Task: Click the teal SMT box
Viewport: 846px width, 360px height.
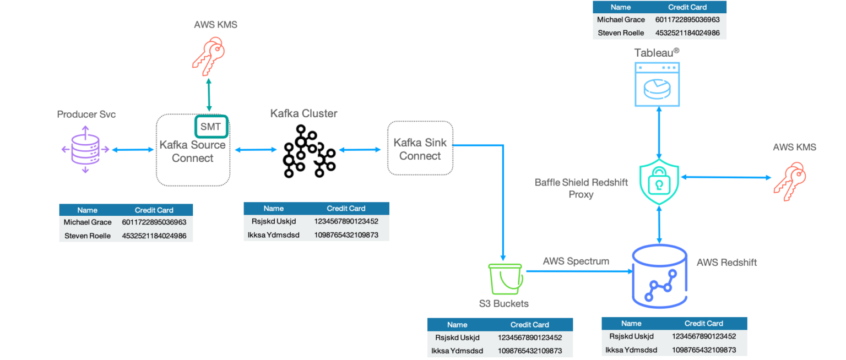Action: point(210,127)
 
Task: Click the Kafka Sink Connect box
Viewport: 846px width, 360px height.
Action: point(420,149)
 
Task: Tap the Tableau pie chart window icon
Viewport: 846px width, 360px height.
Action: point(658,83)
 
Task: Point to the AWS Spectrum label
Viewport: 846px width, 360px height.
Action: point(576,261)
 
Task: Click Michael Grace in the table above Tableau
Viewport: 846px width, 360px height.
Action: point(621,20)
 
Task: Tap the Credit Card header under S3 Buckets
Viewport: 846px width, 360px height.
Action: point(529,325)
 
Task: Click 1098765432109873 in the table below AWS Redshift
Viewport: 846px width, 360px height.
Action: point(703,350)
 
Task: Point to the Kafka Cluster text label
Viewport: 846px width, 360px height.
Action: point(303,113)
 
